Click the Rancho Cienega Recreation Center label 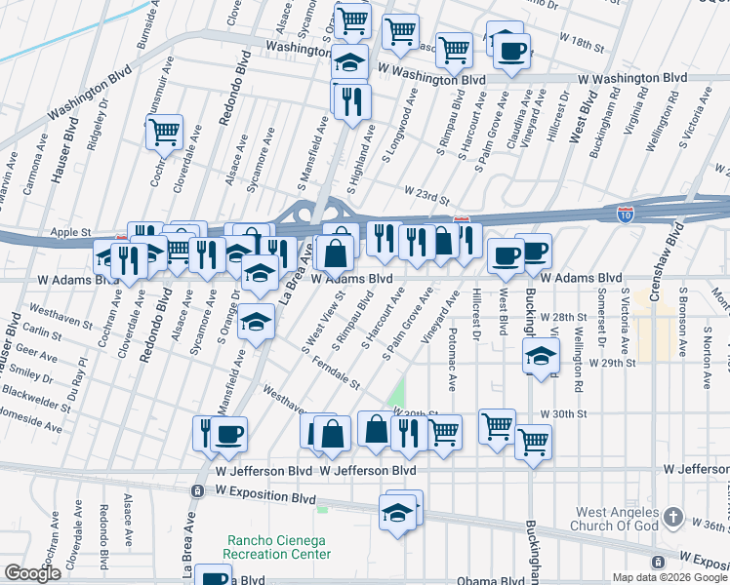click(277, 547)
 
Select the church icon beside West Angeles click(672, 517)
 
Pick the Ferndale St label click(338, 373)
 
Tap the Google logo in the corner click(32, 573)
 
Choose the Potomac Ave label click(455, 354)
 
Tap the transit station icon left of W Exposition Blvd click(197, 490)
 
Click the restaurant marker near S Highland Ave click(350, 101)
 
